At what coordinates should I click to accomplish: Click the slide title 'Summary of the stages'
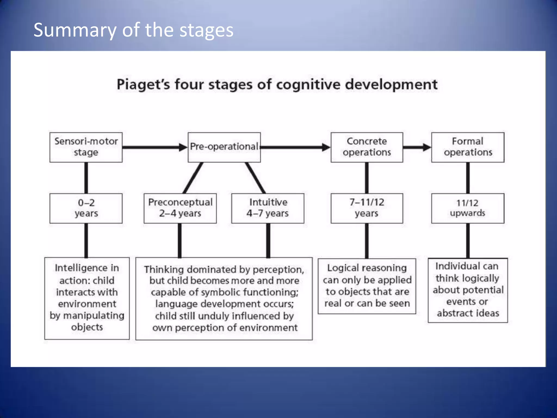coord(133,30)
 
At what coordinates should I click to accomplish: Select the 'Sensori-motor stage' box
coord(86,147)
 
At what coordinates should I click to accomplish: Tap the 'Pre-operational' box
coord(224,147)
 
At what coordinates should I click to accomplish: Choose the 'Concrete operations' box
coord(367,147)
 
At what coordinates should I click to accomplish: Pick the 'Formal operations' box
coord(468,147)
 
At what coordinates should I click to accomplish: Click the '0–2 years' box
coord(86,208)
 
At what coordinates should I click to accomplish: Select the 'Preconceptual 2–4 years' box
coord(180,208)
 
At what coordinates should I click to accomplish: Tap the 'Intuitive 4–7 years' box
coord(268,208)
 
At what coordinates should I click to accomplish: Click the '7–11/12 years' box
coord(367,208)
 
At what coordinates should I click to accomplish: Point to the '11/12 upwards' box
coord(468,208)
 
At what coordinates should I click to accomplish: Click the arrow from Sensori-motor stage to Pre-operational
coord(154,147)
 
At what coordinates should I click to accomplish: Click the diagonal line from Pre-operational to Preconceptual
coord(193,178)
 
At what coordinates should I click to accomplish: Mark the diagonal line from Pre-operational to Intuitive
coord(255,178)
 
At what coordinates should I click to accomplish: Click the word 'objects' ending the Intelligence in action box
coord(87,327)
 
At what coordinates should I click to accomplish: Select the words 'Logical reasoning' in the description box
coord(367,268)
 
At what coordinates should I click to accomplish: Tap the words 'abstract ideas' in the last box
coord(468,313)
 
